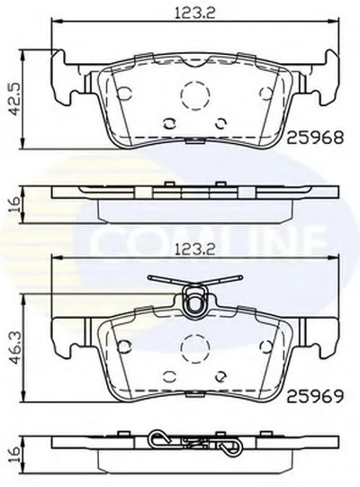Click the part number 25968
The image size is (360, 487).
coord(315,138)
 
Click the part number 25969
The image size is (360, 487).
coord(315,396)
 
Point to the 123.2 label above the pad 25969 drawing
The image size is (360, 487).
coord(195,250)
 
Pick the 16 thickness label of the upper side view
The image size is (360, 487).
coord(14,203)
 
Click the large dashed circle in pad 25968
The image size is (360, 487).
coord(195,95)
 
